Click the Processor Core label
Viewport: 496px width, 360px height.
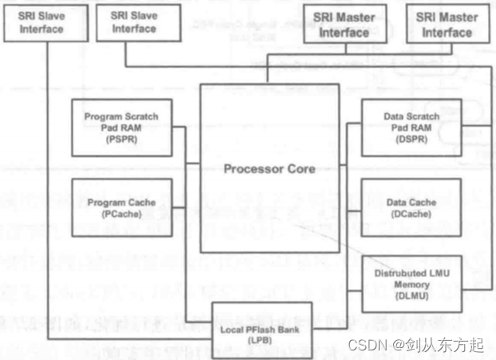[x=269, y=169]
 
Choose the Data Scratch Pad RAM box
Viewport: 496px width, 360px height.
[x=411, y=127]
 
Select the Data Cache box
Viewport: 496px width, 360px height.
[x=411, y=207]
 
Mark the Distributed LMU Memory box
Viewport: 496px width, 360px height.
[x=411, y=283]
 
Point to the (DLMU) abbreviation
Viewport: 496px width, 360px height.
[x=411, y=295]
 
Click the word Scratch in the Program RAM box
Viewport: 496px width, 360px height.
[x=141, y=117]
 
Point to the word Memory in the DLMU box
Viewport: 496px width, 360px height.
[x=411, y=284]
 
